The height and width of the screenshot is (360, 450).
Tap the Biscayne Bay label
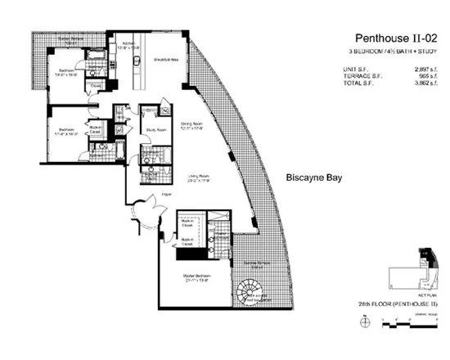tap(313, 177)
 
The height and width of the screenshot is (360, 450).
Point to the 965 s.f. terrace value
tap(430, 75)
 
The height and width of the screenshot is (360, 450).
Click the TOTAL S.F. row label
tap(360, 83)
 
